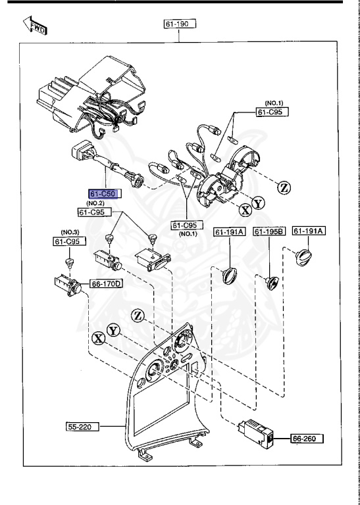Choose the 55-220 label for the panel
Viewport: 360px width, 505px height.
[82, 427]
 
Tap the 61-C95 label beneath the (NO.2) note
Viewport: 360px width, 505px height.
[94, 212]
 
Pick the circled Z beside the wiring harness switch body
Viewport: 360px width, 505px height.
[284, 187]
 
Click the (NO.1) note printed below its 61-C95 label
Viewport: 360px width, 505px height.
[187, 234]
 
